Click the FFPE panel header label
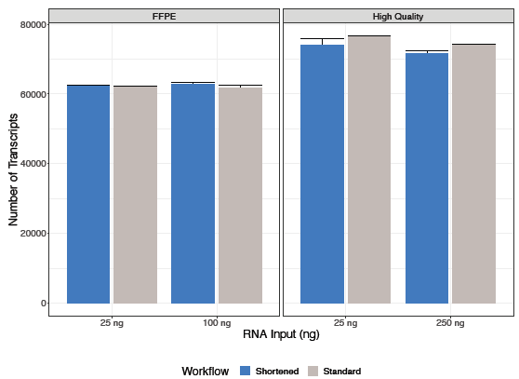[165, 16]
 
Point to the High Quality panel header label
[397, 16]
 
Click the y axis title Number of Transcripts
[13, 170]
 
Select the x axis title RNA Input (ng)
[281, 334]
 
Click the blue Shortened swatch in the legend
[246, 371]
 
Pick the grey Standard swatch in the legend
[313, 371]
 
